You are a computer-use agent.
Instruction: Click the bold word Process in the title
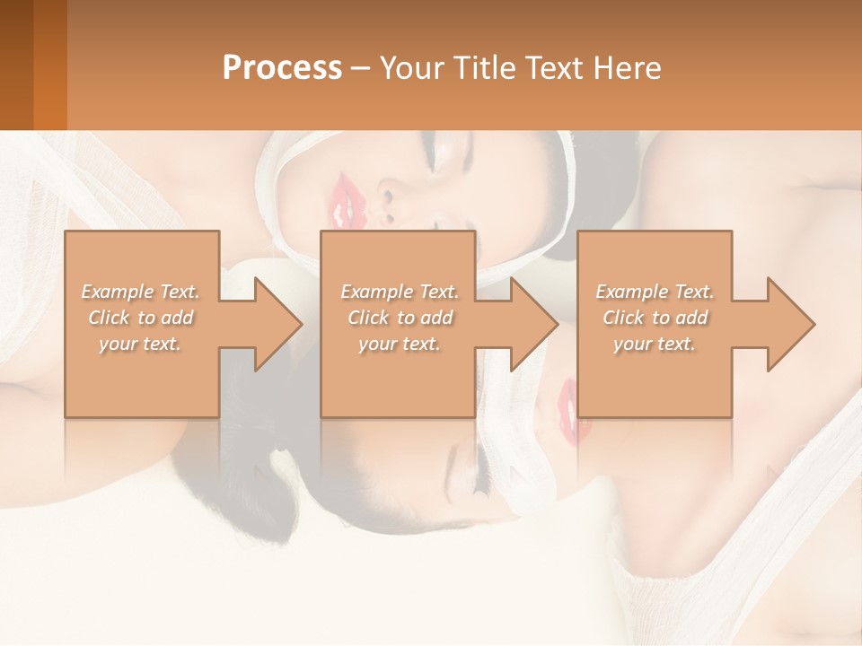tap(282, 68)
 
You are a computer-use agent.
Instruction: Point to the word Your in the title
tap(416, 68)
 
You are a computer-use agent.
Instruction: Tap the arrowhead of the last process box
tap(787, 324)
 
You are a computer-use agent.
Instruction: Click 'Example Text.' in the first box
tap(140, 292)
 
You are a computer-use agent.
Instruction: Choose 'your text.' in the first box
tap(140, 344)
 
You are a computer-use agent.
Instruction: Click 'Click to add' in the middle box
tap(400, 318)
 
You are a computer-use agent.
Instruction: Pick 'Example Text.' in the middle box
tap(400, 292)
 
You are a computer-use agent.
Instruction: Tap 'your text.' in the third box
tap(655, 344)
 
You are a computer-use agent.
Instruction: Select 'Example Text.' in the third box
tap(655, 292)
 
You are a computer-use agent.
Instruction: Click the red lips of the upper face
tap(343, 203)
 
